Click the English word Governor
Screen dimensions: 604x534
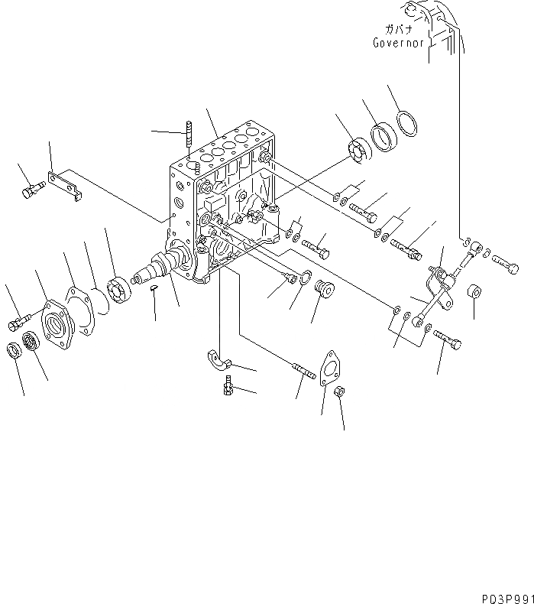(x=398, y=44)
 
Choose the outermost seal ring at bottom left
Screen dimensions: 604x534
(x=14, y=351)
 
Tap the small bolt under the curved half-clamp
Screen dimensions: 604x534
(x=227, y=388)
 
